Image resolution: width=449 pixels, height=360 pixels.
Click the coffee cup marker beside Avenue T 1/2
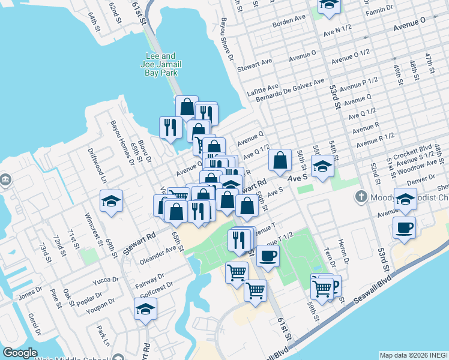point(268,256)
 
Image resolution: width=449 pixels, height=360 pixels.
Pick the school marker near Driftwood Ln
point(112,202)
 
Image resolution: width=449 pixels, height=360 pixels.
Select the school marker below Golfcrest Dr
point(145,309)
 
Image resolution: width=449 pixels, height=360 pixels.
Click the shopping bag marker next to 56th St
point(280,160)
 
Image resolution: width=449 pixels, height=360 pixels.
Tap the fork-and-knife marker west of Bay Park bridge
point(170,127)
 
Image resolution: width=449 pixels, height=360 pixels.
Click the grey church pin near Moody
point(361,196)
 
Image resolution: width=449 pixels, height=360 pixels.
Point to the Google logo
point(20,353)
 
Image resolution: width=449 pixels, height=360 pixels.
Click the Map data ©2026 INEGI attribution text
point(413,355)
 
